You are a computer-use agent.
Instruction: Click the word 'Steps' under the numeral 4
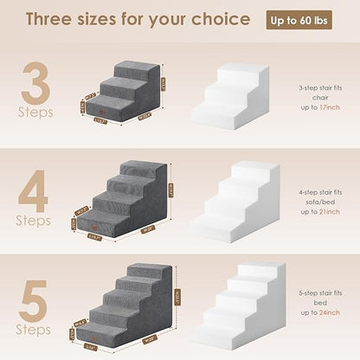(x=34, y=221)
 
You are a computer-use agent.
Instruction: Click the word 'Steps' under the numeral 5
(x=34, y=330)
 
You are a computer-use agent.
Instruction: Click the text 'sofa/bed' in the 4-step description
(x=320, y=202)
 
